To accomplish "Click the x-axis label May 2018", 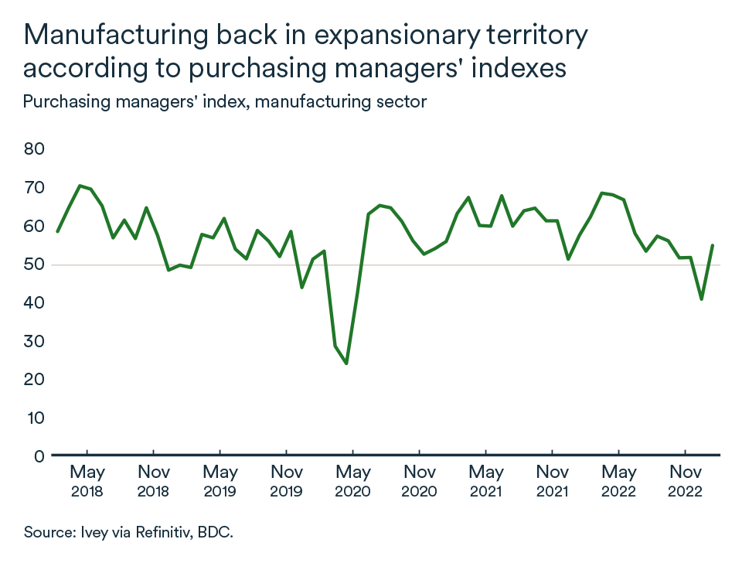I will pos(87,480).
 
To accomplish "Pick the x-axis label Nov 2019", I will pos(286,480).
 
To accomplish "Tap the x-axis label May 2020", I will pos(352,480).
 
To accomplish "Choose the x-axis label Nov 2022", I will pos(684,480).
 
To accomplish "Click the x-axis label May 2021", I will pos(485,480).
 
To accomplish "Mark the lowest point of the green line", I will pos(346,363).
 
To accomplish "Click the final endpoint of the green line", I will pos(712,245).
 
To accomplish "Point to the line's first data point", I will pos(57,231).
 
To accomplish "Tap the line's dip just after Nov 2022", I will pos(701,299).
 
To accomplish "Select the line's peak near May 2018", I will pos(80,186).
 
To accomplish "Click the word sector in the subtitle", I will pos(403,101).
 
